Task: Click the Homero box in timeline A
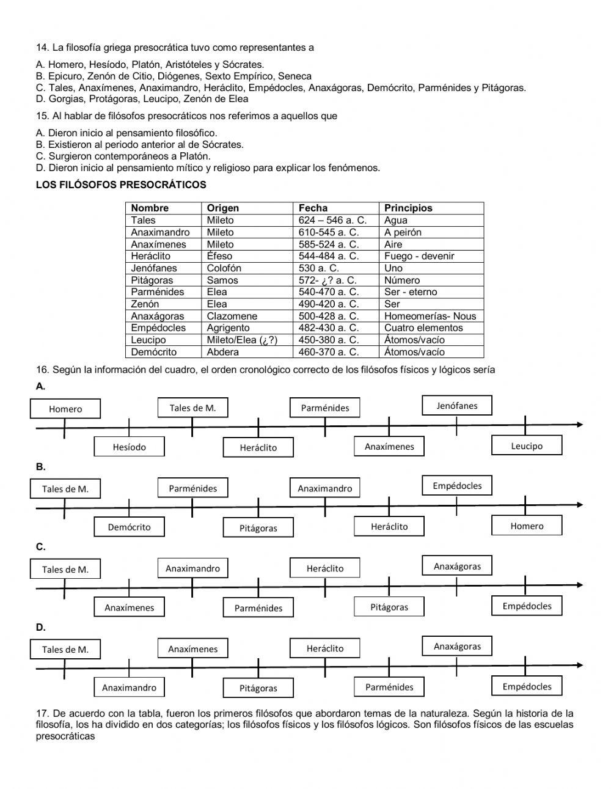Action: coord(65,409)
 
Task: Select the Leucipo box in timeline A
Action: coord(527,446)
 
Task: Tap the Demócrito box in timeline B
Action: coord(129,527)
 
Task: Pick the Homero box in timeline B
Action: coord(527,526)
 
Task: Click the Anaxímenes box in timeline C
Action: coord(129,607)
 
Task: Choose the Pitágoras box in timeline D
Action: coord(258,688)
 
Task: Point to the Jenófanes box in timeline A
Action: coord(457,406)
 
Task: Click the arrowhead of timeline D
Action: coord(579,665)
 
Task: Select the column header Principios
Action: coord(408,208)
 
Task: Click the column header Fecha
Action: coord(313,208)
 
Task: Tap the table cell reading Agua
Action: coord(396,220)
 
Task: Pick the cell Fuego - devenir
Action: coord(419,256)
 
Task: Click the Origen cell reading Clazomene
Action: coord(232,316)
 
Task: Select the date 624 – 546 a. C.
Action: coord(332,220)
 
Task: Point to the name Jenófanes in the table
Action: coord(154,268)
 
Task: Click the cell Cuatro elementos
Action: coord(423,328)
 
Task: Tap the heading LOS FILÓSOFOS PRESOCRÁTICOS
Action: coord(121,185)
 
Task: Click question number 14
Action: coord(42,47)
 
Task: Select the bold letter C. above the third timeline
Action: coord(40,547)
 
